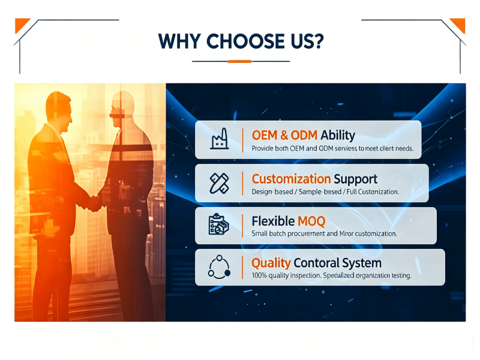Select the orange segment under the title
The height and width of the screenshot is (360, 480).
[x=239, y=62]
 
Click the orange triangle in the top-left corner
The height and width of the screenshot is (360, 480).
[x=21, y=24]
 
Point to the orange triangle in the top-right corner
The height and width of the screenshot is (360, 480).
[x=459, y=24]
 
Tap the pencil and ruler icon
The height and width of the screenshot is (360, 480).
[x=219, y=183]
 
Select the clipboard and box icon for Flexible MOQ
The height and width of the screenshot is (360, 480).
[x=218, y=224]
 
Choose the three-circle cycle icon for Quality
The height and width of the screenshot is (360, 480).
[x=219, y=267]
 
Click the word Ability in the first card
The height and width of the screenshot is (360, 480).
[x=338, y=136]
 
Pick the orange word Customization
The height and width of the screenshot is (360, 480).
[x=291, y=179]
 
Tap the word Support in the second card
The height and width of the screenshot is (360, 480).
[x=356, y=179]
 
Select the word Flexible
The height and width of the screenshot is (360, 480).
[x=273, y=221]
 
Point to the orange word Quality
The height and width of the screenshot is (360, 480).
[x=271, y=263]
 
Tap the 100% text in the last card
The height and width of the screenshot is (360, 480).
[x=259, y=275]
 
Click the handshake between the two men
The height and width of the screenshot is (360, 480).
[x=94, y=203]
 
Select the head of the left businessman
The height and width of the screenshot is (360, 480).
[x=59, y=111]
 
